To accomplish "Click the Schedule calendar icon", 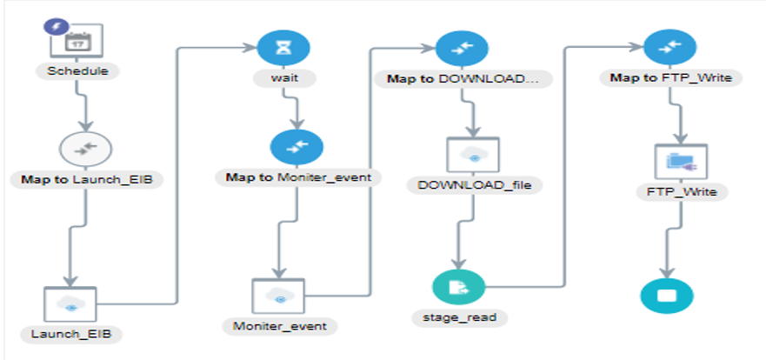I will click(x=83, y=40).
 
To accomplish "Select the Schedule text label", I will click(x=79, y=70).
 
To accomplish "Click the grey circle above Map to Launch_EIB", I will click(x=84, y=149).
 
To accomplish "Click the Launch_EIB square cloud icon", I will click(x=70, y=305).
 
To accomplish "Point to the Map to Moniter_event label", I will click(x=297, y=177).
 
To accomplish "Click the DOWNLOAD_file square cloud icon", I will click(x=473, y=155).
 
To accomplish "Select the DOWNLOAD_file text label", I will click(x=473, y=185).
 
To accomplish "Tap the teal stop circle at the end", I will click(x=665, y=295).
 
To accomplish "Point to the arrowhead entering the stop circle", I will click(x=665, y=272).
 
